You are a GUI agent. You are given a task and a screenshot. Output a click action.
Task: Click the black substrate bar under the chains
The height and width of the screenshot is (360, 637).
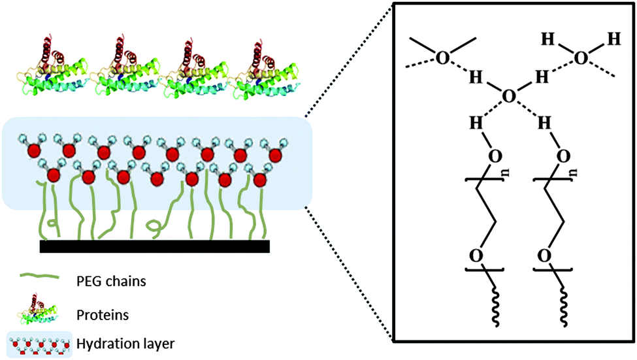click(x=155, y=246)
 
